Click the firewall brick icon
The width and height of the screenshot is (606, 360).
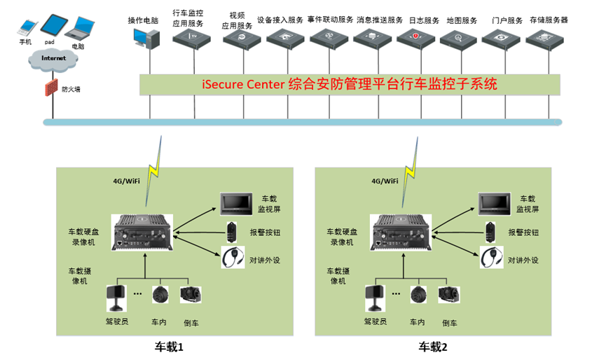50,88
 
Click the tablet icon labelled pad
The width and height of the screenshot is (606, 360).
53,25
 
